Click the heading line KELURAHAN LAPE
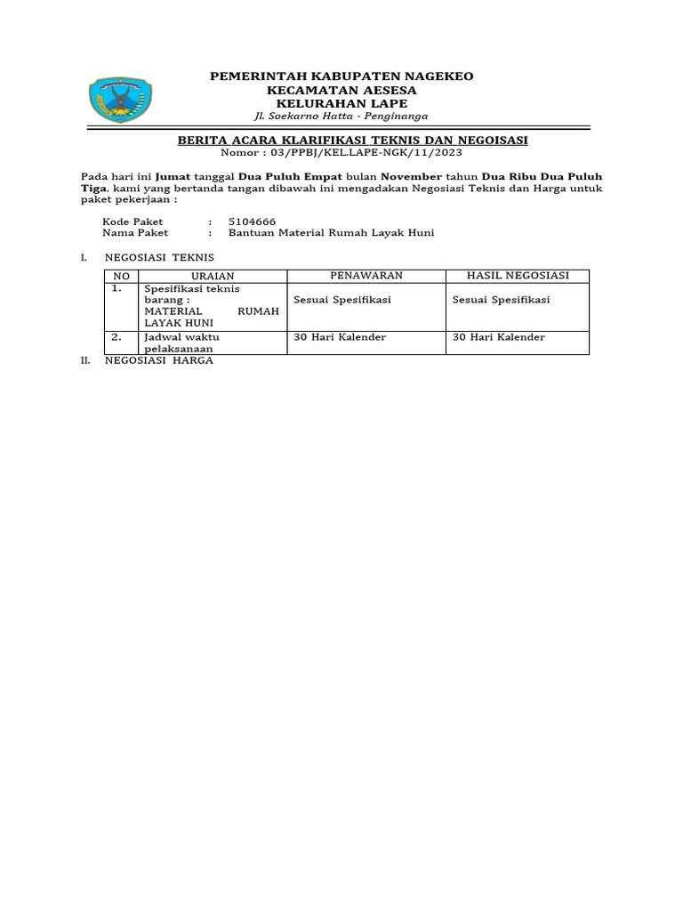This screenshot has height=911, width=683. click(x=341, y=104)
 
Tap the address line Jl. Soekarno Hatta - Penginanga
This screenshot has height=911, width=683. click(x=341, y=117)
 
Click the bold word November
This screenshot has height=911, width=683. click(x=412, y=177)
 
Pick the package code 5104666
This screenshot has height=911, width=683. click(x=253, y=221)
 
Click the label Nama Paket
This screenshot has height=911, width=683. click(x=133, y=232)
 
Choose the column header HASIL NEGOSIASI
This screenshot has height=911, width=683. click(x=517, y=275)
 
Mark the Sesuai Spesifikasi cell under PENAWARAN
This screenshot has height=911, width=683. click(x=342, y=300)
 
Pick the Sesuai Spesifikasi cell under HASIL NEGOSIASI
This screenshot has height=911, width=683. click(x=502, y=300)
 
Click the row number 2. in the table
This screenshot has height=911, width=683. click(x=117, y=338)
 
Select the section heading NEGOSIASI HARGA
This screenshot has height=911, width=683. click(x=159, y=362)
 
